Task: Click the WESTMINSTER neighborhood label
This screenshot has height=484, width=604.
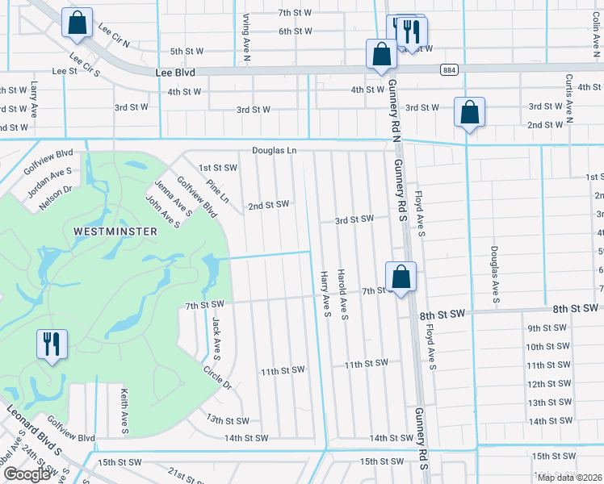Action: click(x=115, y=231)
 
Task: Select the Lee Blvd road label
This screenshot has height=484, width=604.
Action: click(x=175, y=72)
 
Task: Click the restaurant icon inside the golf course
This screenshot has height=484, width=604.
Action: click(x=50, y=344)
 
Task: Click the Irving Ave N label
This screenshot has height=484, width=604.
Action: click(x=246, y=37)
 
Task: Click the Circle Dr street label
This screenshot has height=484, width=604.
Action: click(x=218, y=378)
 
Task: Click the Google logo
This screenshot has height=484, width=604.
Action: click(x=27, y=474)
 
